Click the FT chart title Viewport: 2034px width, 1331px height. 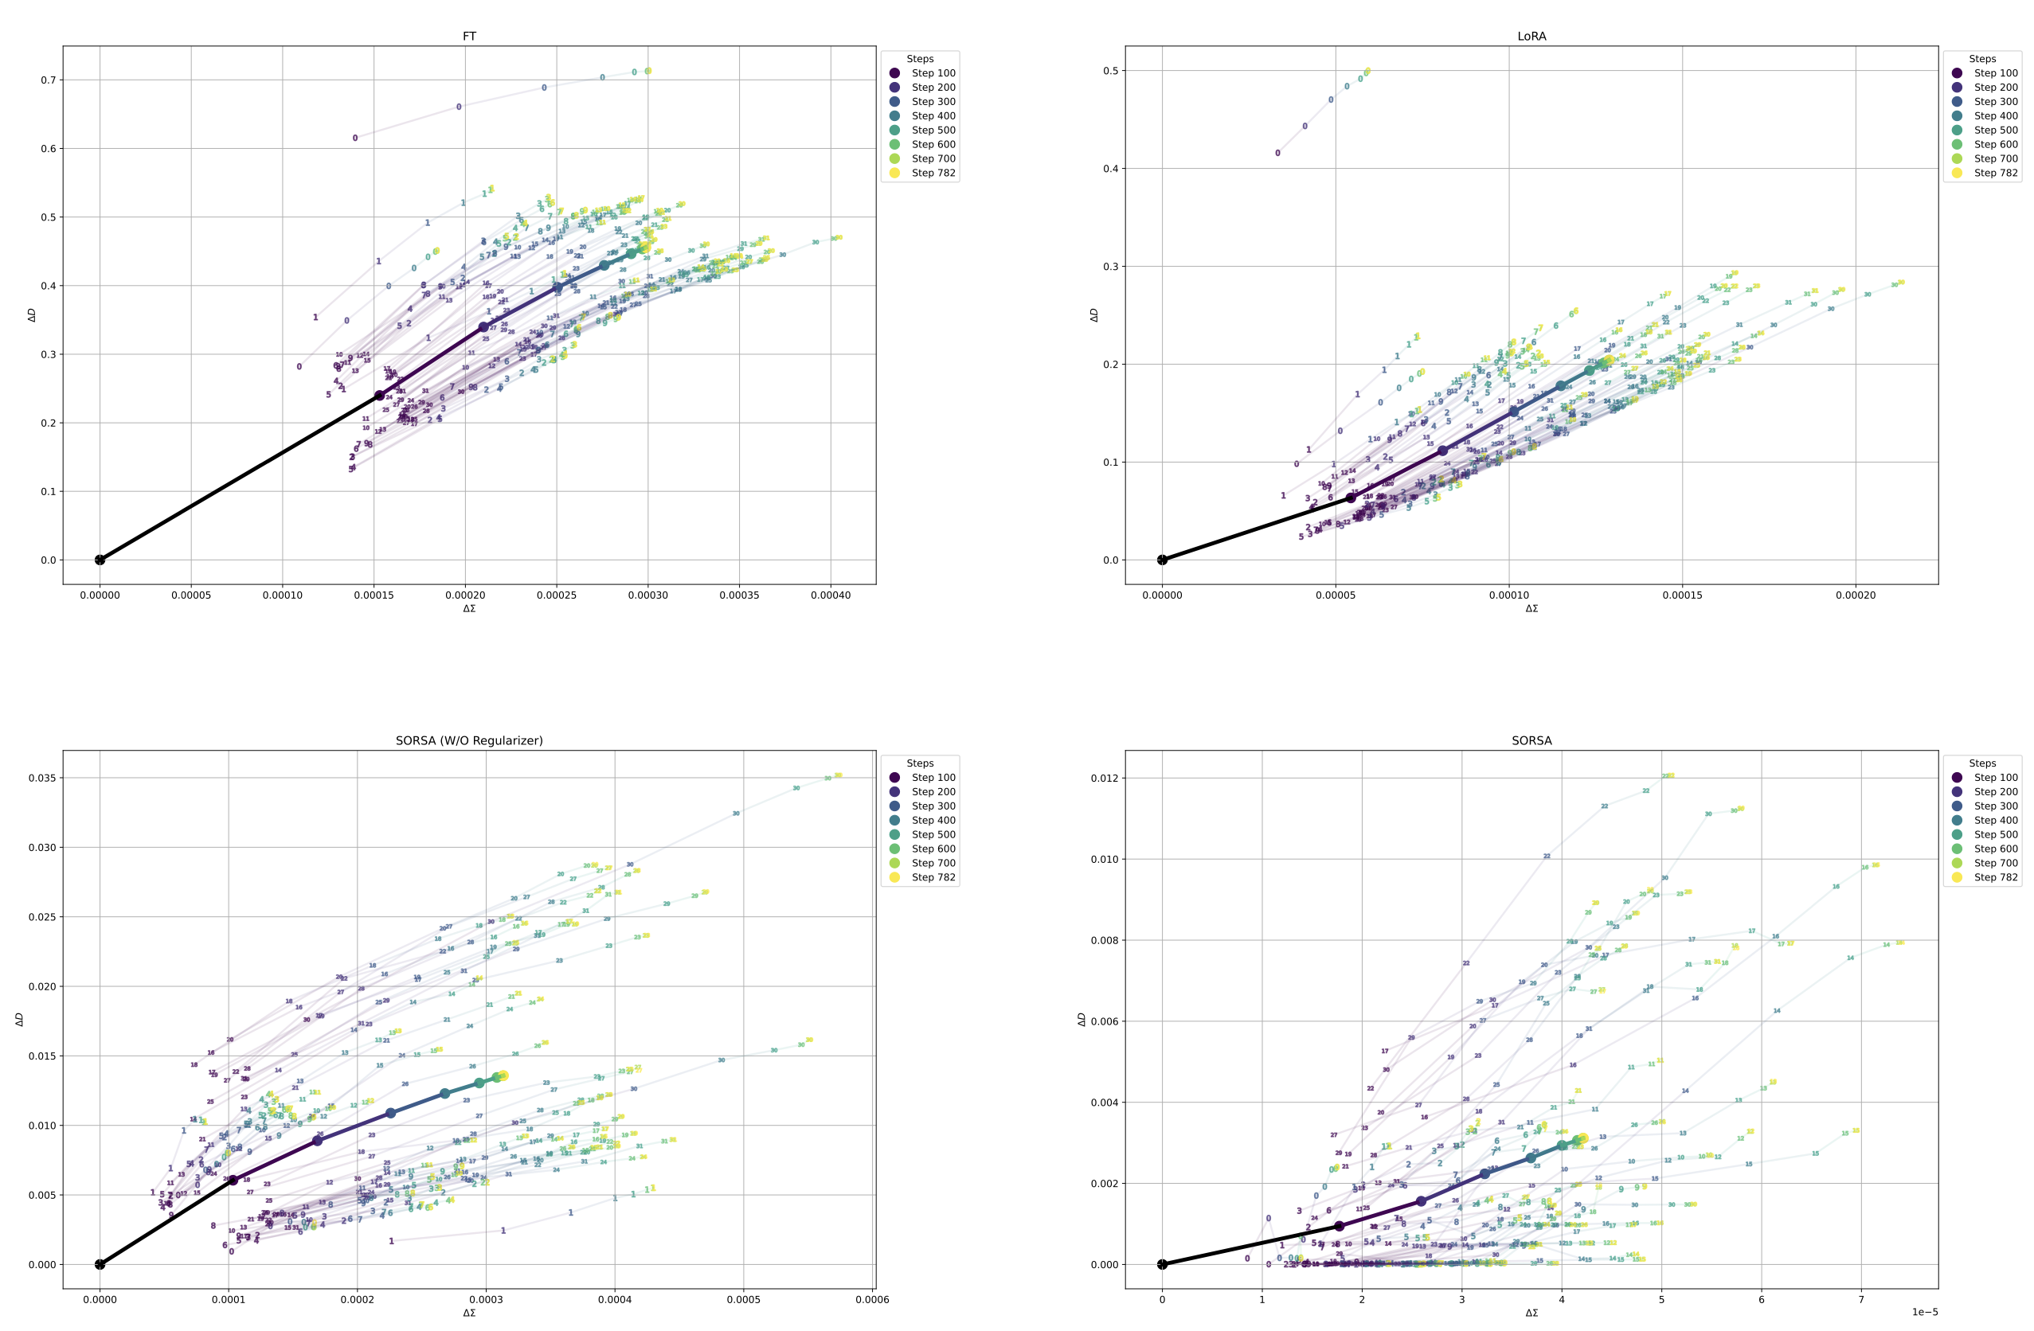point(469,36)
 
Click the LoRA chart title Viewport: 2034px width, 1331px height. point(1531,36)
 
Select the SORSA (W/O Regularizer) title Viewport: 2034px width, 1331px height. point(469,740)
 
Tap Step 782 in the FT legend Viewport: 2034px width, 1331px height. point(933,173)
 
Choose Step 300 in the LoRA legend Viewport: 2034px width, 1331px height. point(1996,102)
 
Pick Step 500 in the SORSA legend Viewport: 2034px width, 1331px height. point(1996,834)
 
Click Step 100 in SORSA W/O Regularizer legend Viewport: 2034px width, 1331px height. point(933,778)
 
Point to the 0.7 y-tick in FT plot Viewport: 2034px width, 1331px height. point(47,80)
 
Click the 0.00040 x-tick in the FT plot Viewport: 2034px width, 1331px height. point(830,595)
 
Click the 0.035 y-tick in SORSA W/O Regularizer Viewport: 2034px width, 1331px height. point(41,778)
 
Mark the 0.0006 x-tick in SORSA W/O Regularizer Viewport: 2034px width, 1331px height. point(872,1299)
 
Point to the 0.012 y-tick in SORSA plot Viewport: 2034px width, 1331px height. point(1103,778)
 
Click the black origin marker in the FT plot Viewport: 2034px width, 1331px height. point(100,560)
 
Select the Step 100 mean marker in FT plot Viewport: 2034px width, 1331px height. point(379,396)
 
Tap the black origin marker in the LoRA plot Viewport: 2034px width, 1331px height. point(1162,560)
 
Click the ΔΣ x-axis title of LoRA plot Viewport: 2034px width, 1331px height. point(1531,608)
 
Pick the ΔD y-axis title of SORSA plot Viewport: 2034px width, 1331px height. point(1082,1019)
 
